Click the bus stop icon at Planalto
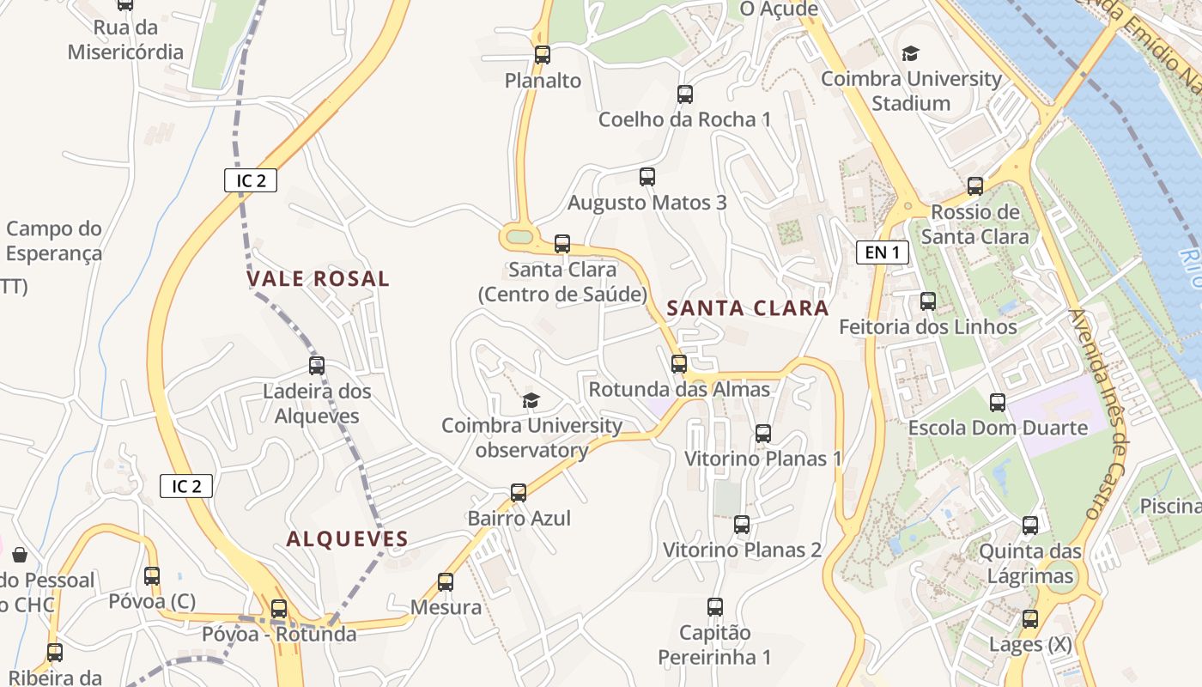(543, 55)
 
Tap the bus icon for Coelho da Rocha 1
(684, 94)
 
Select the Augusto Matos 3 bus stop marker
(647, 177)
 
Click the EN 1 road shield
(883, 252)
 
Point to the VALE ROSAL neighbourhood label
(318, 279)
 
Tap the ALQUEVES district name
(347, 539)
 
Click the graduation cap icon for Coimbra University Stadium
(910, 54)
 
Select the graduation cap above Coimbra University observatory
(531, 400)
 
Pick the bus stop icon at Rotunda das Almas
(679, 364)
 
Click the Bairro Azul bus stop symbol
(519, 493)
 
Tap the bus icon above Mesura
(446, 582)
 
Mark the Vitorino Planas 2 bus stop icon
(742, 524)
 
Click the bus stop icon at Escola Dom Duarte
(998, 402)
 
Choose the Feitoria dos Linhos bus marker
(928, 301)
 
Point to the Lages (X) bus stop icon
(1029, 618)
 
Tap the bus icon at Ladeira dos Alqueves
(317, 366)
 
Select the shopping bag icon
(20, 555)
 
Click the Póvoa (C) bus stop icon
(152, 576)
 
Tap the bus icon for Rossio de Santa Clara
(975, 186)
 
